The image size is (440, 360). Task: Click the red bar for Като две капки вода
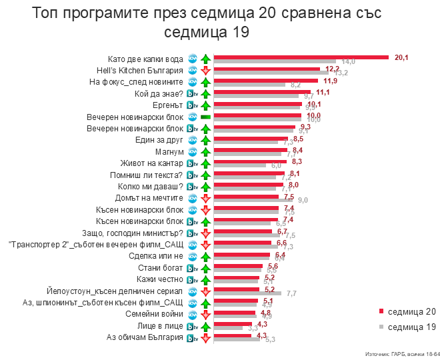click(300, 57)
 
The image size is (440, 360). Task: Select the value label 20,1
click(401, 57)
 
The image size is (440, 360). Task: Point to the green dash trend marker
click(205, 117)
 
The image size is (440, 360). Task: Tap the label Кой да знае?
click(159, 94)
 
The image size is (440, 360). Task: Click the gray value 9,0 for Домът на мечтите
click(303, 200)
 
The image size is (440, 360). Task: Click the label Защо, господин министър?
click(138, 233)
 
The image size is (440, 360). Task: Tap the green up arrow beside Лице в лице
click(205, 327)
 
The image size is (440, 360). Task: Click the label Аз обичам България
click(145, 338)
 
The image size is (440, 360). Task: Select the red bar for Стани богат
click(237, 266)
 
